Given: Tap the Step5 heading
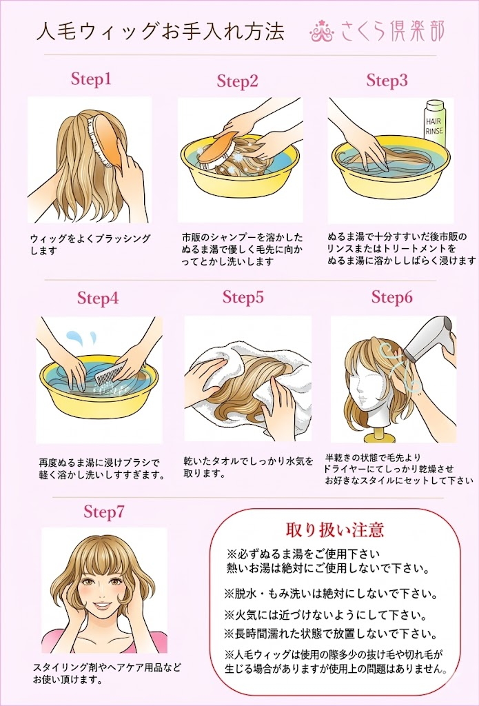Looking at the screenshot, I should tap(243, 298).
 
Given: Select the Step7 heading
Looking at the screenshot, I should tap(104, 512).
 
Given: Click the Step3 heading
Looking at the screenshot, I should tap(387, 81).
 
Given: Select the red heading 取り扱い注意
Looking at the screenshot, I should tap(334, 530).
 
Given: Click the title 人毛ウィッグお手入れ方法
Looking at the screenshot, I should tap(159, 32).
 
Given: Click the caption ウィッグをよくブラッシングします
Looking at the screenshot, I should tap(90, 244).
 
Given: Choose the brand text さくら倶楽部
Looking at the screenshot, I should tap(393, 31).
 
